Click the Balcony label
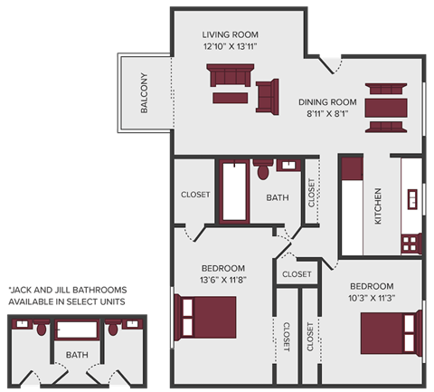click(144, 92)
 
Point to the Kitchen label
click(377, 206)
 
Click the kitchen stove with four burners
click(411, 243)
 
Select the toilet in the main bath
click(264, 169)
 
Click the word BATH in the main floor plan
click(277, 198)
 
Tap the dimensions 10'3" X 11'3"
click(372, 298)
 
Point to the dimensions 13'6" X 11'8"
click(222, 280)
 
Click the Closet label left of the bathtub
click(195, 195)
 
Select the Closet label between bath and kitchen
click(312, 193)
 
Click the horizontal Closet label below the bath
click(297, 273)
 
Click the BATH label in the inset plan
click(77, 356)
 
